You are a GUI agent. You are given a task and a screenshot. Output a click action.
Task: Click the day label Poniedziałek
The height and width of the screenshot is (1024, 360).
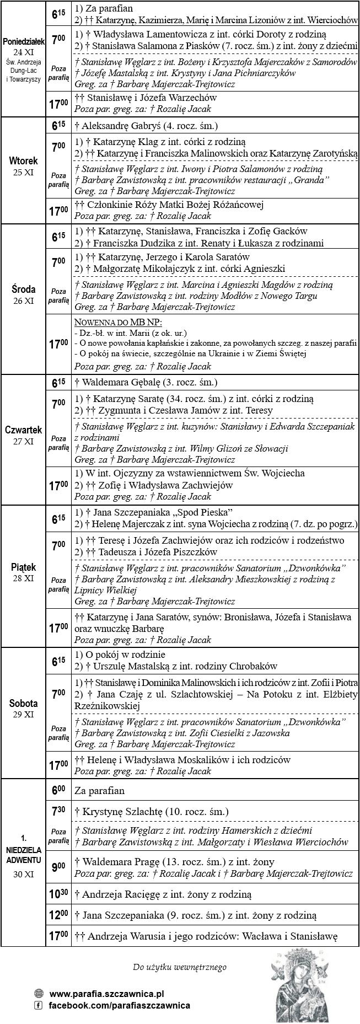(x=23, y=42)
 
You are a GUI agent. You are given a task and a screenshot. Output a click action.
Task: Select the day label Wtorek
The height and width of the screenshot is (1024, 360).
(x=23, y=161)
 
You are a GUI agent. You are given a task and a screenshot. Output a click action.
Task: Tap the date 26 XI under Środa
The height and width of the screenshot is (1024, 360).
(x=23, y=301)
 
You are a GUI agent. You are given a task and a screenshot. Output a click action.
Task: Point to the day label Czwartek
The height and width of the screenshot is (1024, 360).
(x=23, y=430)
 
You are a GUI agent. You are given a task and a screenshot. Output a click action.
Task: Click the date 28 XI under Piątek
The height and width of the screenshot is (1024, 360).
(x=23, y=578)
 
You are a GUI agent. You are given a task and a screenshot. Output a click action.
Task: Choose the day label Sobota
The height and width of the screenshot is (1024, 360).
(x=23, y=703)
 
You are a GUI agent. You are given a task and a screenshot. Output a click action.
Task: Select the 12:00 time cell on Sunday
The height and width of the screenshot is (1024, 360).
(x=58, y=915)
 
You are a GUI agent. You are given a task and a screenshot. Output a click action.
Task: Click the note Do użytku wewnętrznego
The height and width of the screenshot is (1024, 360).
(x=180, y=967)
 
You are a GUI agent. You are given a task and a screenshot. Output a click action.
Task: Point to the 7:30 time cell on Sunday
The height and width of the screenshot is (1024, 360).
(x=58, y=812)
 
